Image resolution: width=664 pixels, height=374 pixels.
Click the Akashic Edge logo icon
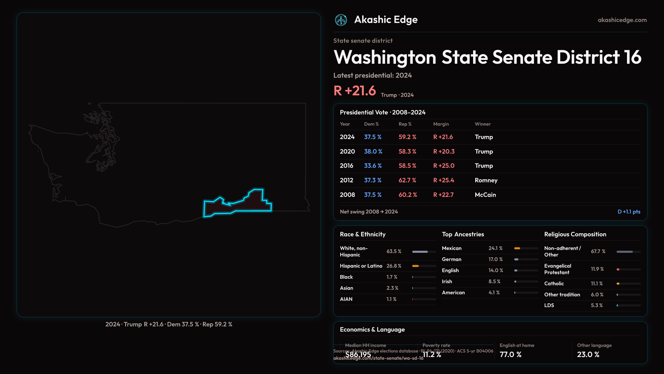pos(341,20)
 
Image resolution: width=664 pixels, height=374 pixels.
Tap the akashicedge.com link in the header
pos(622,20)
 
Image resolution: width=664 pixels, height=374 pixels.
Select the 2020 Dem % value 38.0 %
pos(373,152)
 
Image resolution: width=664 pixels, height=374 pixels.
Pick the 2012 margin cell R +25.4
pos(443,180)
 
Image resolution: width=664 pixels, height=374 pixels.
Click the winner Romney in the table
pos(486,180)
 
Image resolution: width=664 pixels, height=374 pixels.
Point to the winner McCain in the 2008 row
pos(485,195)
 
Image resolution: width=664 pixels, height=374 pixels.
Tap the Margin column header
pos(441,124)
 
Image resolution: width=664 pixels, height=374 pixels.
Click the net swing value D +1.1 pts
pos(629,212)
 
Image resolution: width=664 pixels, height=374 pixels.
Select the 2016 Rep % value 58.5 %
pos(407,166)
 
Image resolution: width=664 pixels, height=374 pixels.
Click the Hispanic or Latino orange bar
pos(415,266)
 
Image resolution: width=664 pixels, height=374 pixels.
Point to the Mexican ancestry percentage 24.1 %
pos(495,248)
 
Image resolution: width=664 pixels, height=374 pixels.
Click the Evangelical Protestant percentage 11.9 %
pos(597,269)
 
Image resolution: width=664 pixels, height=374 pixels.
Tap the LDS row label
pos(549,305)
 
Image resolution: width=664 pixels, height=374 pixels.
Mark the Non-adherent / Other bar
pos(625,252)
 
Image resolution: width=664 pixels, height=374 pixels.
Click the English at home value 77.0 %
pos(510,355)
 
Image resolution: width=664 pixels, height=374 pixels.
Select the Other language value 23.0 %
pos(588,355)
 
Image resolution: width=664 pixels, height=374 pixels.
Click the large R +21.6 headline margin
pos(354,91)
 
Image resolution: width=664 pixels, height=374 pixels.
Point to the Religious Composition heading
pos(575,234)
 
